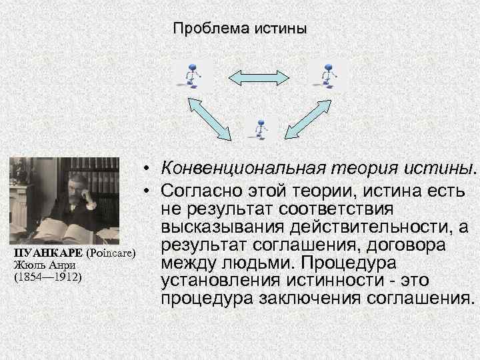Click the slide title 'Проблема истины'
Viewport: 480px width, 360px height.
[240, 29]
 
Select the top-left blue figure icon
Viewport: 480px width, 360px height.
[192, 74]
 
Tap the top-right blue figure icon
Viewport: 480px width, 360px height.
[327, 74]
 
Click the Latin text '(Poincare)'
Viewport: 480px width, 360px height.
[111, 253]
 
